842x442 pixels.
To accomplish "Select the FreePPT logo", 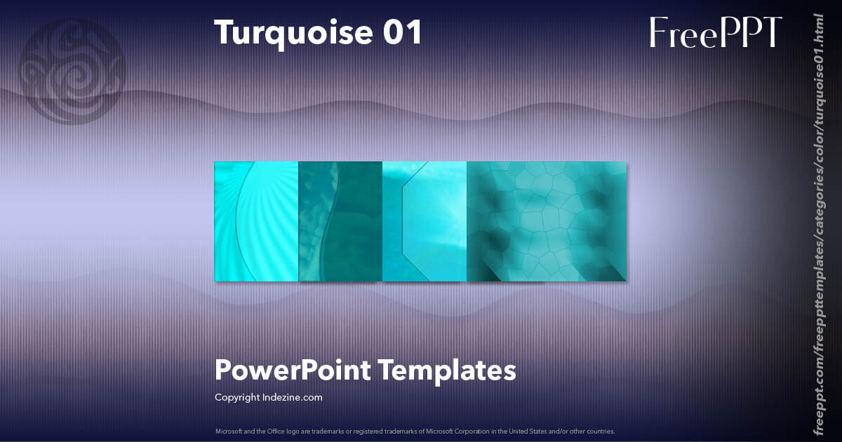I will point(715,32).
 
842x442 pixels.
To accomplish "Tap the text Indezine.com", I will point(293,397).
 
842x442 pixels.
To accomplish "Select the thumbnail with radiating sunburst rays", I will point(256,222).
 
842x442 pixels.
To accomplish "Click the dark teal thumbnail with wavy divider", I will point(340,222).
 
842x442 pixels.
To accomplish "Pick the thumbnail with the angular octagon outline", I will point(425,222).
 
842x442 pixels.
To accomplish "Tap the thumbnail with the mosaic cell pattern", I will point(547,222).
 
